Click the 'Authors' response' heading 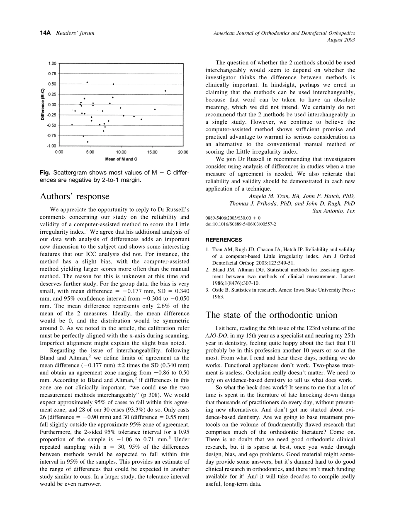click(74, 196)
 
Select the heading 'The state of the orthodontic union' click(272, 315)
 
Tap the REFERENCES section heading click(224, 240)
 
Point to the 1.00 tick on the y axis click(52, 64)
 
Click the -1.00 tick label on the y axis click(51, 146)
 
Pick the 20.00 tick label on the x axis click(183, 152)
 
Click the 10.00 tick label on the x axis click(121, 152)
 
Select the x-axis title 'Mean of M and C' click(121, 159)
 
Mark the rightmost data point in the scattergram click(165, 91)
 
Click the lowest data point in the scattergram click(88, 142)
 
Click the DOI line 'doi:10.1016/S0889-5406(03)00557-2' click(241, 224)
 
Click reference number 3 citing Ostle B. click(208, 290)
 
